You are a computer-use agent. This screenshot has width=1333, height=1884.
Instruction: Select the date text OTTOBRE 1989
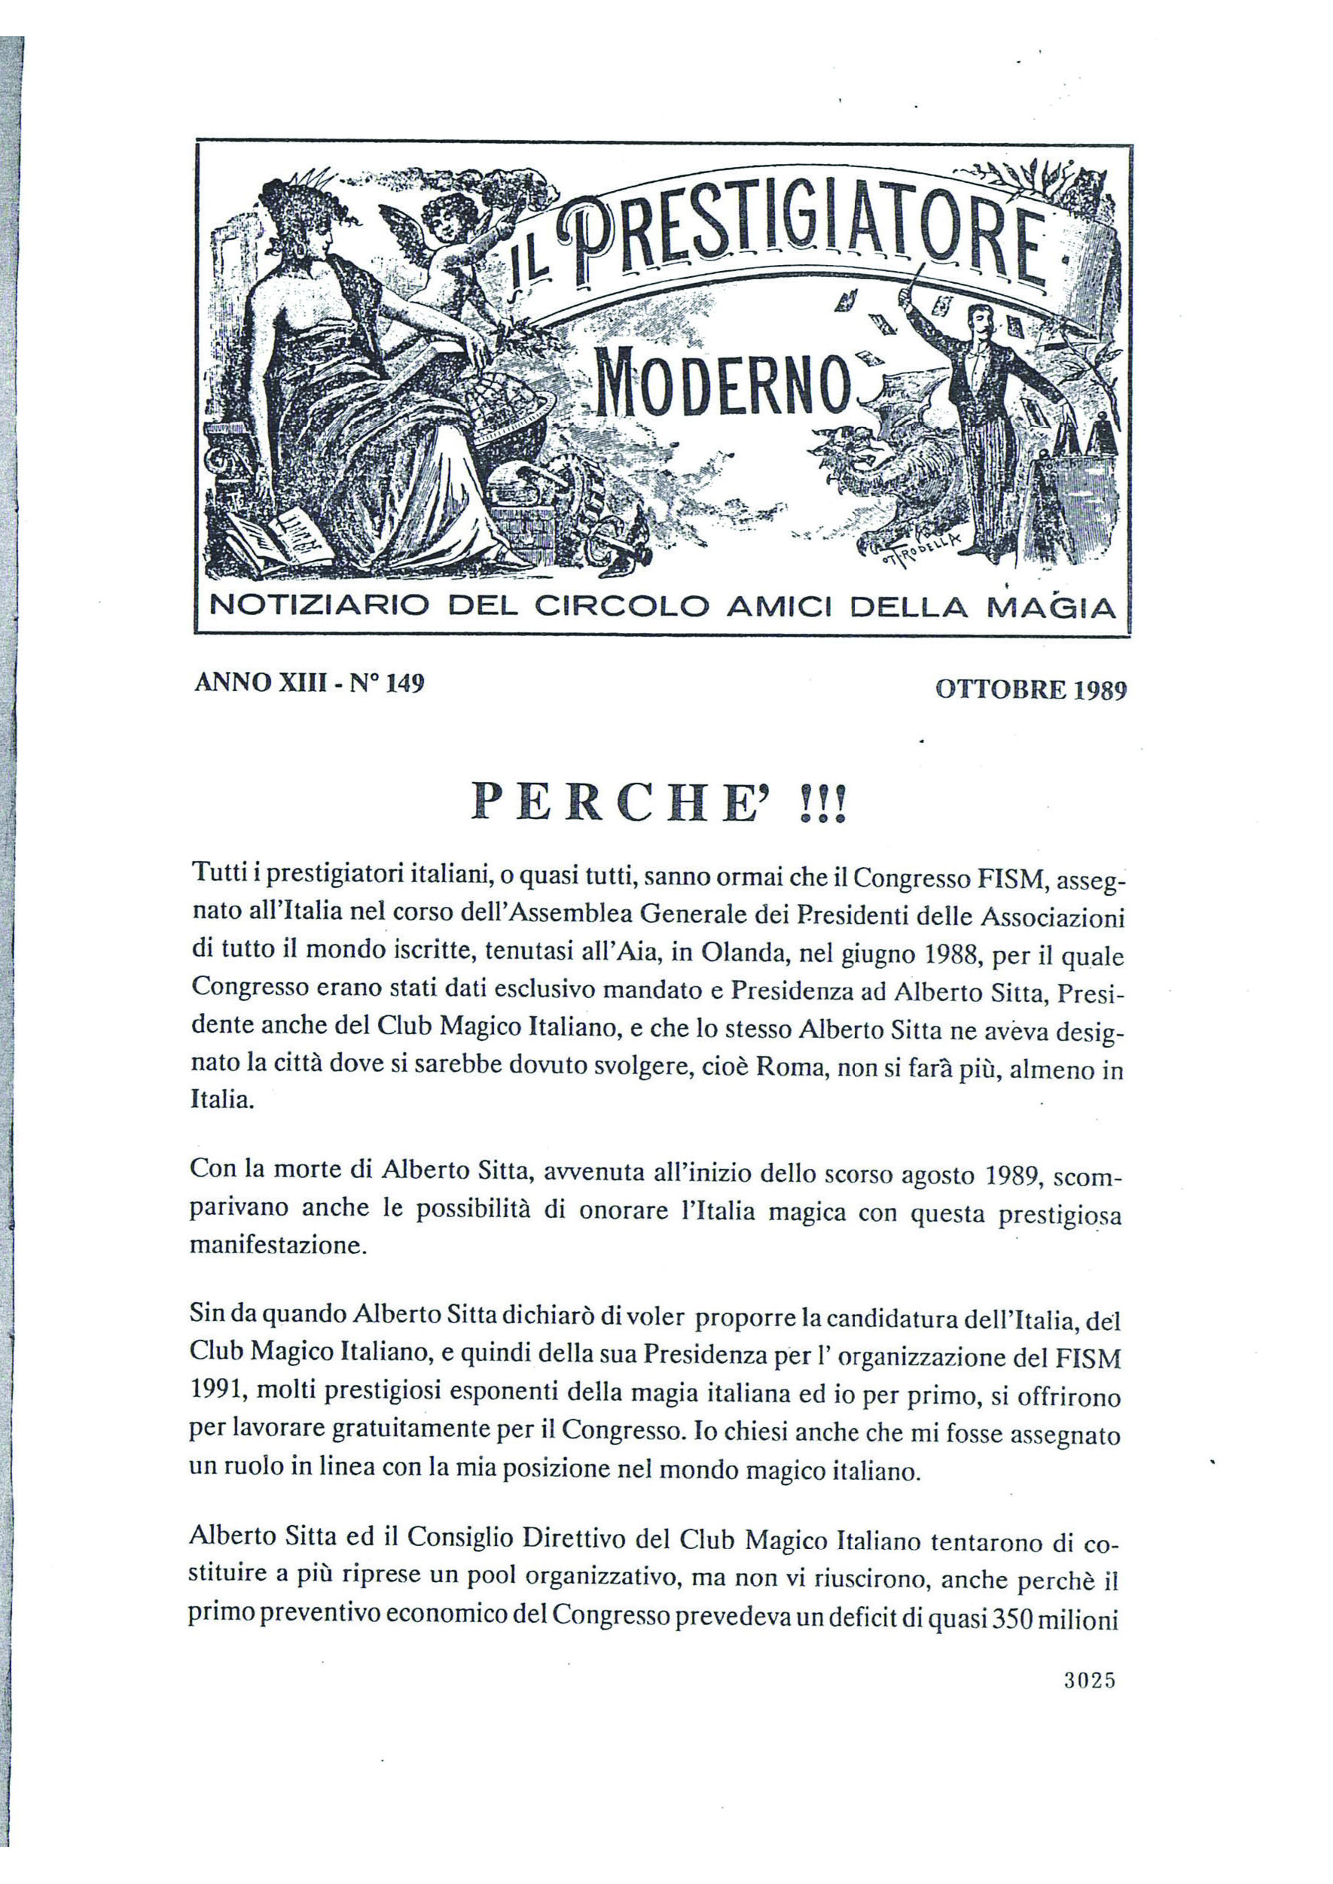click(x=1031, y=690)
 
